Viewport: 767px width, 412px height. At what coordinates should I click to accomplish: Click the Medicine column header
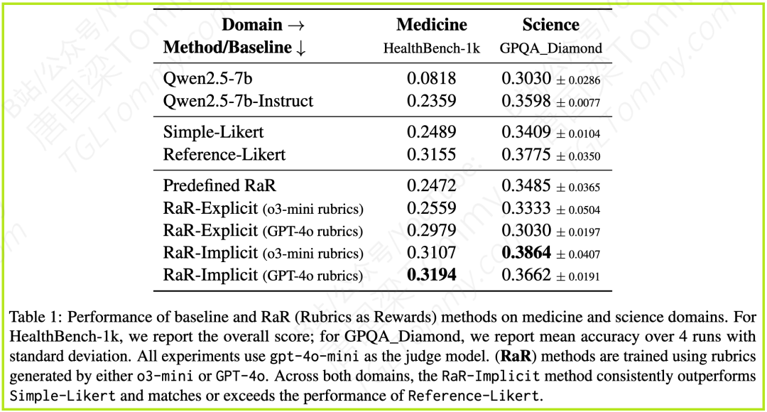click(x=432, y=24)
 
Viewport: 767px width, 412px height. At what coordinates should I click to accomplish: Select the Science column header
click(x=551, y=24)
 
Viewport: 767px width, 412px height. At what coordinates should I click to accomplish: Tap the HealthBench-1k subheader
click(x=432, y=48)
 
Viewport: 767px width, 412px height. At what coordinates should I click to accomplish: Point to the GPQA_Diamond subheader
click(x=551, y=48)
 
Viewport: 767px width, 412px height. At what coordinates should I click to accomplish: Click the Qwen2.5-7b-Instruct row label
click(x=238, y=101)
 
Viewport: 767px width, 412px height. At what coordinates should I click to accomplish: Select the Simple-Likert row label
click(x=213, y=132)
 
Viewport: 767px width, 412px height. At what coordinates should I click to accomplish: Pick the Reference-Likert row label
click(x=224, y=155)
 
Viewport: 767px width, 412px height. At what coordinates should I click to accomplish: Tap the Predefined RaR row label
click(x=219, y=185)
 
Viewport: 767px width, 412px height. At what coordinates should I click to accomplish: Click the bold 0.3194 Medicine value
click(x=432, y=274)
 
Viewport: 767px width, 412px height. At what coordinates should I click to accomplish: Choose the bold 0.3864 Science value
click(x=526, y=252)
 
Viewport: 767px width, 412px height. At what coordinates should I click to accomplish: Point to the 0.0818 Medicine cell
click(x=432, y=78)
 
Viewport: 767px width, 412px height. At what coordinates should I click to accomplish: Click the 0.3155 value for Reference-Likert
click(x=432, y=155)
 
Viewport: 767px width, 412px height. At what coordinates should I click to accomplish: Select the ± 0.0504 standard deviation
click(x=578, y=210)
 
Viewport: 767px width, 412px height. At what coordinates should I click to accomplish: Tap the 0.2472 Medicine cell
click(x=432, y=185)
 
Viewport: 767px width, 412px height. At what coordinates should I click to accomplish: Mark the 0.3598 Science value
click(x=526, y=101)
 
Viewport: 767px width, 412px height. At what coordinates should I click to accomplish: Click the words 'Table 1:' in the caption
click(x=36, y=317)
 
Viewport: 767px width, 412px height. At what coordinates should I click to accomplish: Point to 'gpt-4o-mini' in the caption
click(x=314, y=356)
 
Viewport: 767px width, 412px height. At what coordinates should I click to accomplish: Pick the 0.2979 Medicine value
click(x=432, y=230)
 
